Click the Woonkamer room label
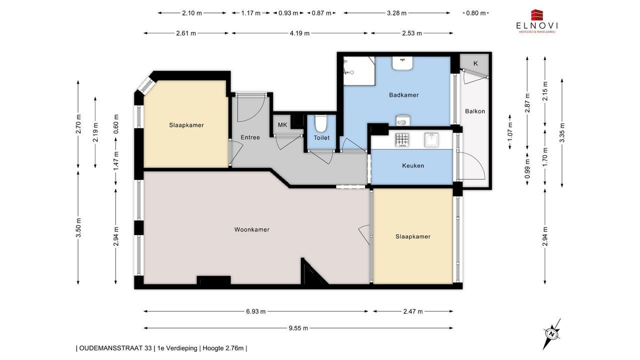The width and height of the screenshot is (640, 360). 251,229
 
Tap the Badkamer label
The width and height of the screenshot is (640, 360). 403,95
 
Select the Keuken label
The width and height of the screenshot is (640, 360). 413,165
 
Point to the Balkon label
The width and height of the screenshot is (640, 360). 475,111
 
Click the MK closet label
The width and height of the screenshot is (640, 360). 282,125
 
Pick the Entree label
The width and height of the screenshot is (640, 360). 250,137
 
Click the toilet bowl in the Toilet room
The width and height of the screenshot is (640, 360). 320,123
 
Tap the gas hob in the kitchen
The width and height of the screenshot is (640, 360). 402,140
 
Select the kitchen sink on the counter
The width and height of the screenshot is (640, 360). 431,140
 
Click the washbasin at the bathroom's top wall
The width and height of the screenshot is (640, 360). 402,63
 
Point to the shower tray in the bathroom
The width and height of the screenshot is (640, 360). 359,71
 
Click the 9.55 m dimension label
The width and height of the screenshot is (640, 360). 298,328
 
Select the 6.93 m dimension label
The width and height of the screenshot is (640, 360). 255,311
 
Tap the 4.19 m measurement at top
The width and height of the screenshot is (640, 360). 299,33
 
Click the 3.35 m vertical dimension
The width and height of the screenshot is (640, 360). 562,132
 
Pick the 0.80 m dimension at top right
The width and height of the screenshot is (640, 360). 475,13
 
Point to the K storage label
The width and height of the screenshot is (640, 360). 475,63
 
